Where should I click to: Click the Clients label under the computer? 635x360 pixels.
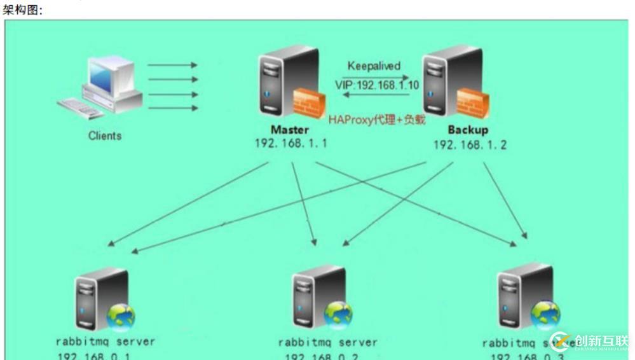105,135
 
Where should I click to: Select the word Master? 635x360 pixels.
290,130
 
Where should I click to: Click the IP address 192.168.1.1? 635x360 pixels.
290,144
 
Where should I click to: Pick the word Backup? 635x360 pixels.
468,130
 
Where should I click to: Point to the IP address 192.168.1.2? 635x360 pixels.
470,145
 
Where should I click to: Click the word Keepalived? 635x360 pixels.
374,66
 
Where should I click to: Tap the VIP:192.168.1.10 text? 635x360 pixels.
377,85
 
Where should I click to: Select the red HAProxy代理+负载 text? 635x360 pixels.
376,120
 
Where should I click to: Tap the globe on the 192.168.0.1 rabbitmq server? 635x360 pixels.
121,318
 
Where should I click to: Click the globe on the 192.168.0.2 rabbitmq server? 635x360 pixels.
338,314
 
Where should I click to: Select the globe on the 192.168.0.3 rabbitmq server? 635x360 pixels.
545,315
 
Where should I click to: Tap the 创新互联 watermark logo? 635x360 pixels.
591,342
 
